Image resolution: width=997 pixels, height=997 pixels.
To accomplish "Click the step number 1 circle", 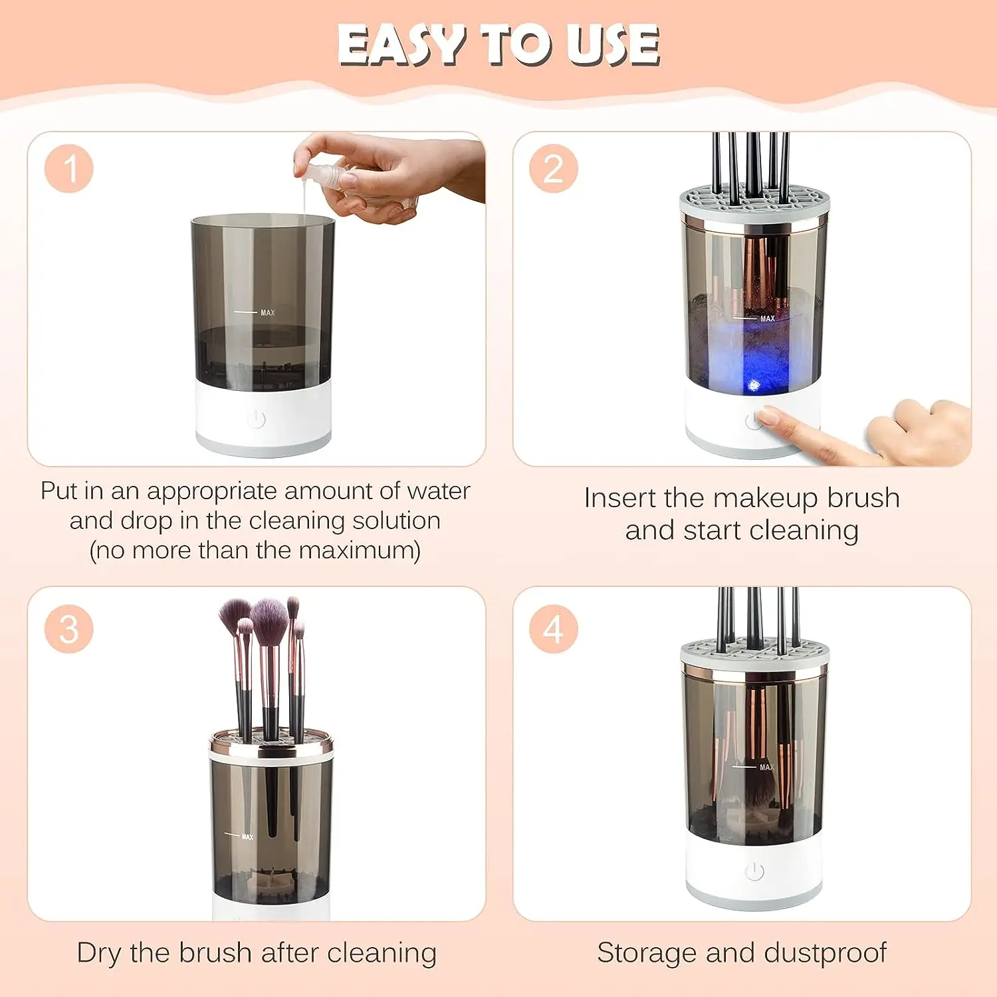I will pyautogui.click(x=69, y=169).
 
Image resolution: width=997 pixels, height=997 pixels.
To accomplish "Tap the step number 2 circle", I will pyautogui.click(x=554, y=169).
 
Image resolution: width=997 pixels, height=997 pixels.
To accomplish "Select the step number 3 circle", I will pyautogui.click(x=69, y=629).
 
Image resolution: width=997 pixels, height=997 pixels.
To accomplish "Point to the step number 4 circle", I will pyautogui.click(x=554, y=629).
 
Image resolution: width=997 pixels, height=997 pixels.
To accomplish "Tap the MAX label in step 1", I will pyautogui.click(x=267, y=312).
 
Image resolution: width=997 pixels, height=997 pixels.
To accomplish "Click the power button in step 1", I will pyautogui.click(x=257, y=419).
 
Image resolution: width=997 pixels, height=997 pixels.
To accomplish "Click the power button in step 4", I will pyautogui.click(x=754, y=871).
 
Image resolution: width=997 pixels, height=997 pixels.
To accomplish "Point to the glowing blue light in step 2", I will pyautogui.click(x=754, y=384).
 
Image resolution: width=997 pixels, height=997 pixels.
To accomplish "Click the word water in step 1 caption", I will pyautogui.click(x=439, y=491).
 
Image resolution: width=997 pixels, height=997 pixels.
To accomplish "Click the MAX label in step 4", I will pyautogui.click(x=766, y=767).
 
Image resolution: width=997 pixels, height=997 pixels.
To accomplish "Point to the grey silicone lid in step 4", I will pyautogui.click(x=754, y=652).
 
